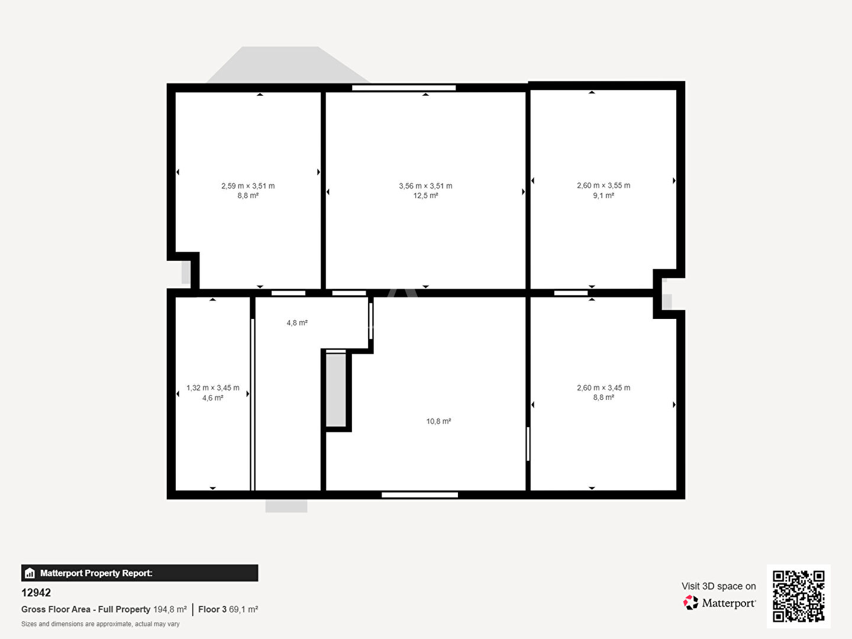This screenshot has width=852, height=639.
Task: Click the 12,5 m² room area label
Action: [x=425, y=195]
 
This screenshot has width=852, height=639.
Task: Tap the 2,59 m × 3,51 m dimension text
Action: [x=248, y=186]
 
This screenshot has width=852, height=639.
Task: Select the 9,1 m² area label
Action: [x=603, y=195]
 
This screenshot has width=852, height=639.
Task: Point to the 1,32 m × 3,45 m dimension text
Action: [x=213, y=388]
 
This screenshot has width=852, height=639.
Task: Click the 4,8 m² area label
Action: [x=297, y=323]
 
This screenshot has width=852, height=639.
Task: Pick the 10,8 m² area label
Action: [x=438, y=421]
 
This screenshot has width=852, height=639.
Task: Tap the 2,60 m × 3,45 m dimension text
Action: [x=603, y=388]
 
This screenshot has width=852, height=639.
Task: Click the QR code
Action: [x=798, y=596]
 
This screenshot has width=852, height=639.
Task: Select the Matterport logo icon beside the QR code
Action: [x=690, y=602]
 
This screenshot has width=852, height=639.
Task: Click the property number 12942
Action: [x=36, y=592]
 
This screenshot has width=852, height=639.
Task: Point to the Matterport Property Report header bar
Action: [x=140, y=573]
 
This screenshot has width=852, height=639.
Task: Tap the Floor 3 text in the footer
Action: [x=212, y=609]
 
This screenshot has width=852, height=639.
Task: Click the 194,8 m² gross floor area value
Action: [x=170, y=609]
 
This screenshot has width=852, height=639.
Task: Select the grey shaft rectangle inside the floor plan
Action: [x=335, y=390]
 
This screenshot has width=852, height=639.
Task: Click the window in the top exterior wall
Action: [x=404, y=88]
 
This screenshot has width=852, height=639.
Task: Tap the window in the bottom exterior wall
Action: [x=419, y=495]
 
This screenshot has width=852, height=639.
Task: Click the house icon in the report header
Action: [x=30, y=573]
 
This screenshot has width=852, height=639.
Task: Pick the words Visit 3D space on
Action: [x=718, y=586]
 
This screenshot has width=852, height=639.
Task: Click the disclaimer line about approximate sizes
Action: [x=101, y=624]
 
